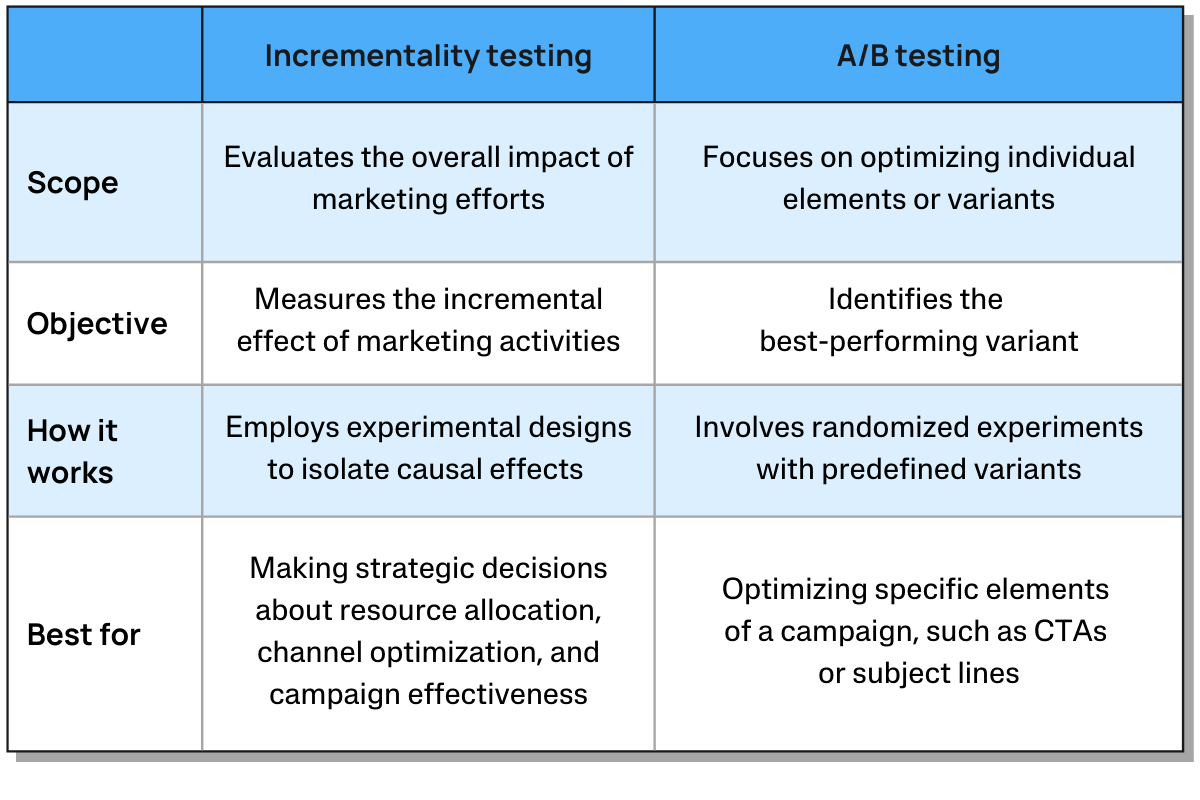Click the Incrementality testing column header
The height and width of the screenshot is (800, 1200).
coord(428,56)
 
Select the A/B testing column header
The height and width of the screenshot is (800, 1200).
coord(918,56)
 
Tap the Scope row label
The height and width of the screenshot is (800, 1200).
coord(72,183)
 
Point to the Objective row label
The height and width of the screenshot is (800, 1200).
coord(97,324)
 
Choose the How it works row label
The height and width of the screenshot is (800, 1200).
coord(72,451)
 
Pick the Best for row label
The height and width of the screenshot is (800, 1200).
coord(84,634)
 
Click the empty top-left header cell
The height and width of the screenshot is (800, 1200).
coord(105,55)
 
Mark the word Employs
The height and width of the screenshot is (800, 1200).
coord(282,428)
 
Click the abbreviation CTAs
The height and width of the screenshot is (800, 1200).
coord(1070,631)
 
